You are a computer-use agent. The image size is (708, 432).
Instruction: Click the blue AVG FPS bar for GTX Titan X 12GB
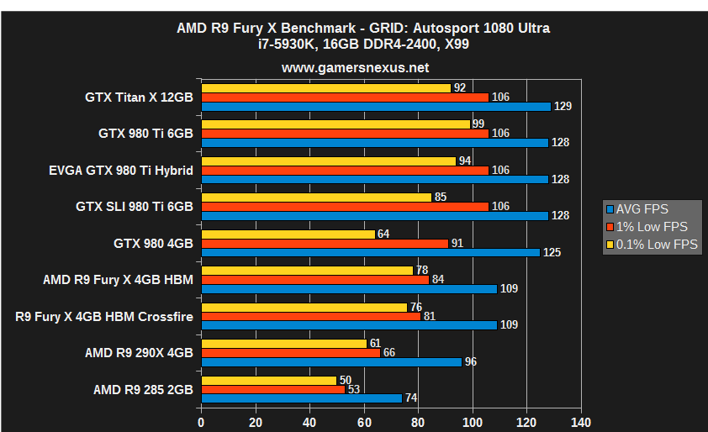[376, 106]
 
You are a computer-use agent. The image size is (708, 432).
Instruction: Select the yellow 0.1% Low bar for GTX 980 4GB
[288, 234]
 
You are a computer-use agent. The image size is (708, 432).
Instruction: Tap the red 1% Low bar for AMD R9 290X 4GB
[291, 352]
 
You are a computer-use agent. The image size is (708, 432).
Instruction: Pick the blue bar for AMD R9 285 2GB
[302, 398]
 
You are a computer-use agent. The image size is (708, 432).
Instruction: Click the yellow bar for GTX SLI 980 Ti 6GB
[316, 198]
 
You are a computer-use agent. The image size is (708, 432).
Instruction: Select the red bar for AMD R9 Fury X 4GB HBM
[315, 279]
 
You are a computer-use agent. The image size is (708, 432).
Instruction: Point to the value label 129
[563, 107]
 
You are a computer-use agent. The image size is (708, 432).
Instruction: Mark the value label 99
[482, 124]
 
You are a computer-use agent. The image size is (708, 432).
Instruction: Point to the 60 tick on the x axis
[364, 422]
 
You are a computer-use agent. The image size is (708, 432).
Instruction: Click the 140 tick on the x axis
[581, 422]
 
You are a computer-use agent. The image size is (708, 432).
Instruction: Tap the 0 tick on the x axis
[201, 422]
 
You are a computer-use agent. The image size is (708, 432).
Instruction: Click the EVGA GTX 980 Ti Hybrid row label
[121, 170]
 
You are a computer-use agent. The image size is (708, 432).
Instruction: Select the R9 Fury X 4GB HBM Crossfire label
[104, 316]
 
